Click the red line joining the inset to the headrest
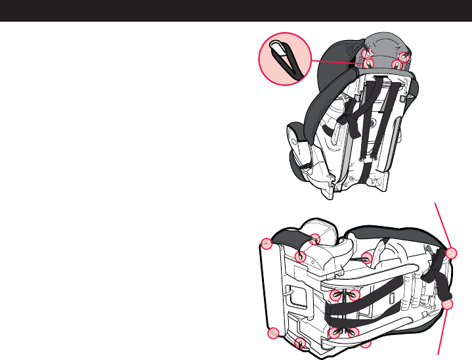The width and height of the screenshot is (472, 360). tap(335, 62)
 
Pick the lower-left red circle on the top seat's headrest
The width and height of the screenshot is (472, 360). tap(368, 64)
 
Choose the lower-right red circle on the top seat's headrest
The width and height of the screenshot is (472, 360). tap(397, 64)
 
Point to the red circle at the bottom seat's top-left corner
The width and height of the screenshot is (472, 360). tap(267, 244)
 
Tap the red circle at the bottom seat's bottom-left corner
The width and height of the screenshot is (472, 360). tap(274, 334)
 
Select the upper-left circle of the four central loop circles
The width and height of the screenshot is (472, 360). tap(336, 295)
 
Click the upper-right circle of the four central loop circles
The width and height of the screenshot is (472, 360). tap(354, 296)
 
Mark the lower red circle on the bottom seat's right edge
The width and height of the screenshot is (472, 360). tap(448, 305)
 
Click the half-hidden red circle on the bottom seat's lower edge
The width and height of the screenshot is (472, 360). tap(366, 343)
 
